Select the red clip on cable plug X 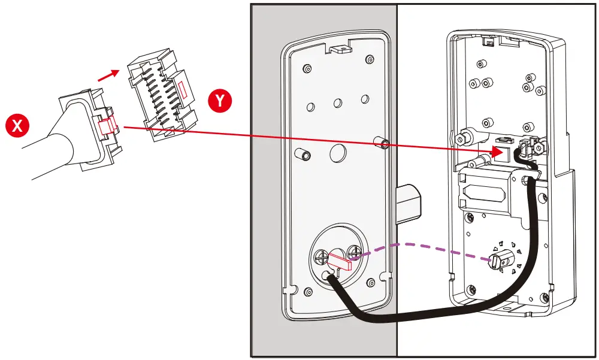pos(107,126)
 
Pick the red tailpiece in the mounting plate pos(340,260)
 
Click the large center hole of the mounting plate pos(337,154)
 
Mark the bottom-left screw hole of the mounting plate pos(308,292)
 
